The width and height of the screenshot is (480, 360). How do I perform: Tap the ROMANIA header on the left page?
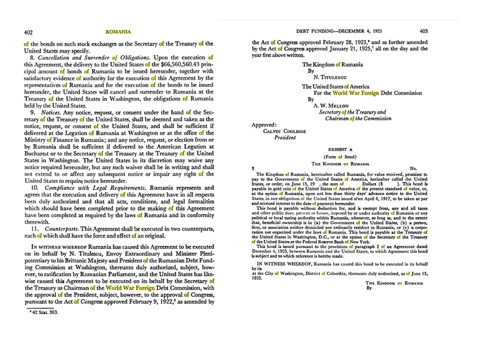point(118,32)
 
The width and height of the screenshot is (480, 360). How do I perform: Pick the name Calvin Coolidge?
point(286,131)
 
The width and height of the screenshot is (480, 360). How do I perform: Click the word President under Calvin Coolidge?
point(285,137)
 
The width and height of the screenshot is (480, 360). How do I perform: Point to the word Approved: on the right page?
point(265,124)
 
